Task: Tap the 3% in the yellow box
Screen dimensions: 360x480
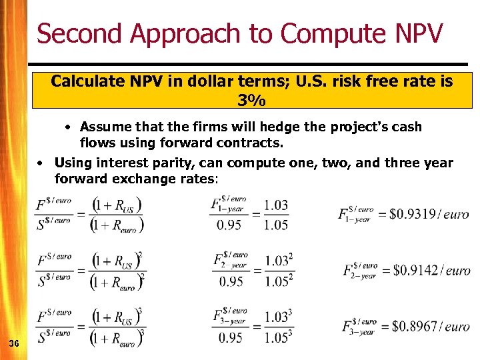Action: click(x=251, y=101)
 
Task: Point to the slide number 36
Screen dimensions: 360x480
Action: click(x=13, y=343)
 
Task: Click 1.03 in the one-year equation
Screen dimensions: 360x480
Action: click(x=276, y=205)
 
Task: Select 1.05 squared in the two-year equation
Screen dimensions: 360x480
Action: click(x=278, y=281)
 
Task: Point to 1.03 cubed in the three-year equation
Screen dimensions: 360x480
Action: click(x=278, y=317)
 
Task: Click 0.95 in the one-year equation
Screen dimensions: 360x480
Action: click(x=229, y=225)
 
